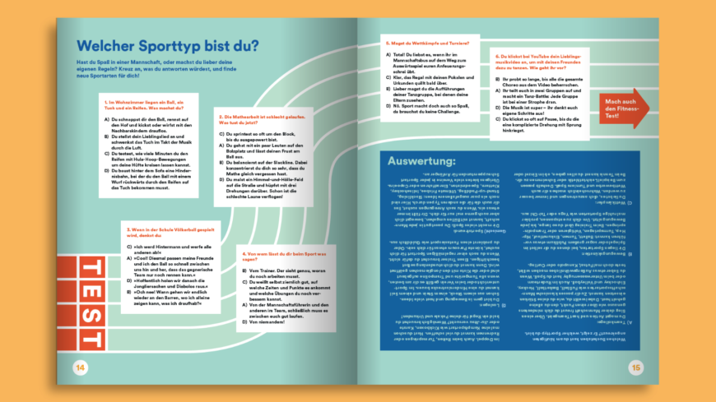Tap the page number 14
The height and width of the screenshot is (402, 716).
coord(80,367)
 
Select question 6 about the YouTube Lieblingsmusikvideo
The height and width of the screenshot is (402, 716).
coord(545,60)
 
